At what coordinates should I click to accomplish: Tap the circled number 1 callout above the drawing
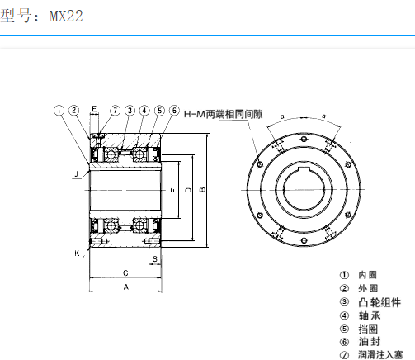pos(59,110)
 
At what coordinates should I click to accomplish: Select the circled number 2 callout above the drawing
pos(73,110)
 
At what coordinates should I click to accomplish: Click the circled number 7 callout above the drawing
pos(116,110)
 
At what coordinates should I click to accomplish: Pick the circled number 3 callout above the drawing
pos(130,110)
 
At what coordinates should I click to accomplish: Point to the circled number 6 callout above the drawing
pos(174,110)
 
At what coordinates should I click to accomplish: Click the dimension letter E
pos(95,110)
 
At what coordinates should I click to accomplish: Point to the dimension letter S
pos(155,258)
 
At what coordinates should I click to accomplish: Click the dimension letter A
pos(125,287)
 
